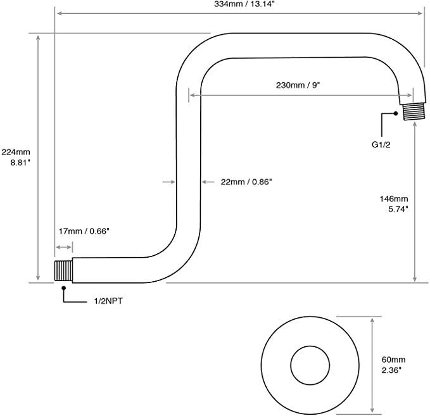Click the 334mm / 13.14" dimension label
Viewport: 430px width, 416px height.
point(239,6)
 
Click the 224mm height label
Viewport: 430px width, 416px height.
point(16,152)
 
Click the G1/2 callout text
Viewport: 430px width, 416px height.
point(383,144)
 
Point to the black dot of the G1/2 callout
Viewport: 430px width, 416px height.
point(396,114)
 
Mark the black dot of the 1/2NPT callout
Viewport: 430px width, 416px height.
point(63,288)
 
